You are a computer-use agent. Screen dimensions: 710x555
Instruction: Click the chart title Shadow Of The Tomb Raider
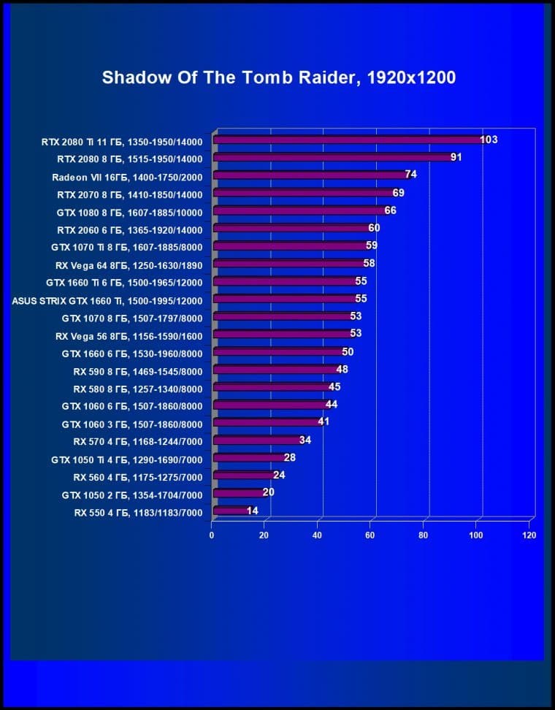click(x=279, y=77)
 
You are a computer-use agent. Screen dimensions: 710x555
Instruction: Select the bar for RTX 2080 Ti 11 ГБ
click(x=347, y=140)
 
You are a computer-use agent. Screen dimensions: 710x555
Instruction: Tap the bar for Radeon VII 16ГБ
click(x=310, y=175)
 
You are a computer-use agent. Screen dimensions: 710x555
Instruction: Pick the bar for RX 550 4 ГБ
click(x=230, y=511)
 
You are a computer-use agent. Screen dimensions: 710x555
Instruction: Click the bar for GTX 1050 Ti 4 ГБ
click(x=248, y=458)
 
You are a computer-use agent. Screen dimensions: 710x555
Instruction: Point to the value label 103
click(x=489, y=140)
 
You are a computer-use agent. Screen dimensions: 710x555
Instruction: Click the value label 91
click(x=456, y=157)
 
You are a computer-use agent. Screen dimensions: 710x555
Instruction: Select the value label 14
click(x=252, y=511)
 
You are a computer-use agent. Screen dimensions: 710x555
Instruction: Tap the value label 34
click(x=305, y=440)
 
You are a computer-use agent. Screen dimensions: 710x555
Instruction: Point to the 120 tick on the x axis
click(x=529, y=535)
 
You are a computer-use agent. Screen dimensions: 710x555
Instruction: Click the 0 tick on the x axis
click(x=212, y=535)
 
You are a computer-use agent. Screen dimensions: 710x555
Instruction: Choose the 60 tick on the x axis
click(x=370, y=535)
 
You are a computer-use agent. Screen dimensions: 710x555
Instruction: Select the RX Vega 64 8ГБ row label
click(x=129, y=264)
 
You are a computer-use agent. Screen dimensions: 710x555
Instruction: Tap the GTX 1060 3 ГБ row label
click(x=131, y=424)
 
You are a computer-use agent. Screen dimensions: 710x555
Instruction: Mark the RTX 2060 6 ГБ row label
click(x=129, y=229)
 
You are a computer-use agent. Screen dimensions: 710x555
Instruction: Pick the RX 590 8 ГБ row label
click(x=137, y=370)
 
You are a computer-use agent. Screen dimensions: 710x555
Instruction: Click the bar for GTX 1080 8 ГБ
click(x=299, y=211)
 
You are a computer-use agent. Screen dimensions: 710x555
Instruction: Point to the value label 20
click(x=268, y=492)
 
